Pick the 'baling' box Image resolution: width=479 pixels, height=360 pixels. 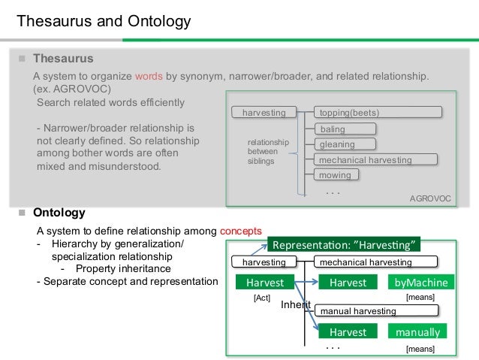tap(333, 129)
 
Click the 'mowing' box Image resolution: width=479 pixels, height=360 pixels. tap(335, 175)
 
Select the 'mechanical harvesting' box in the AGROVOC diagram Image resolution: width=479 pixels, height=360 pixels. tap(375, 160)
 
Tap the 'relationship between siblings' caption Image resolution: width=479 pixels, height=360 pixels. tap(263, 151)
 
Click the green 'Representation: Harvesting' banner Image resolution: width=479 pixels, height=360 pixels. tap(345, 244)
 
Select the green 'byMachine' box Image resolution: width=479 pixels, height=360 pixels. tap(420, 283)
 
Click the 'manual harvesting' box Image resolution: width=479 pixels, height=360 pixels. tap(375, 310)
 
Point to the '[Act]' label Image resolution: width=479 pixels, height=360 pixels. tap(261, 298)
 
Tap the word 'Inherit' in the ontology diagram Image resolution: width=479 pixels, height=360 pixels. tap(295, 305)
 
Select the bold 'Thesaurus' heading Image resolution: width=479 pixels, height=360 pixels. tap(63, 58)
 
